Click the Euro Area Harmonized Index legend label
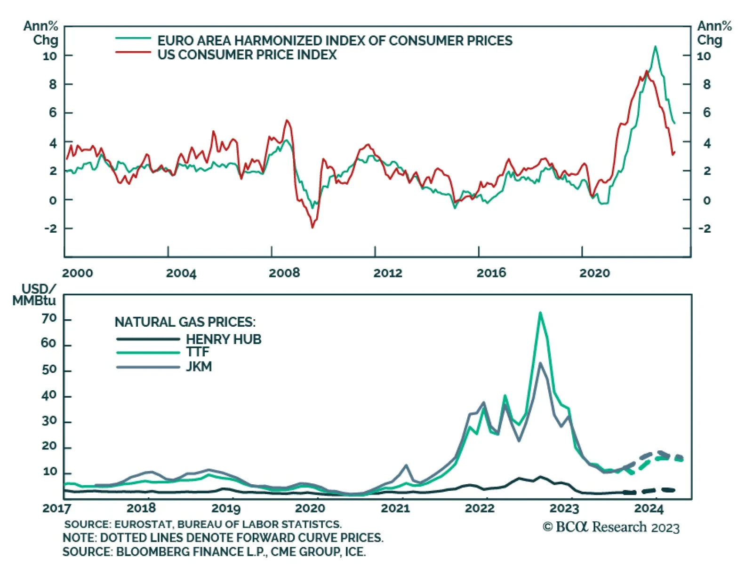(335, 40)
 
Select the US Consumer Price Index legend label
(247, 55)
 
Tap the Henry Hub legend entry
(223, 339)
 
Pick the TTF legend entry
(197, 352)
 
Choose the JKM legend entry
(199, 366)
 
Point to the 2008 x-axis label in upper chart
(284, 273)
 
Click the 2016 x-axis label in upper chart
(491, 273)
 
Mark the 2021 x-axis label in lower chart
(395, 508)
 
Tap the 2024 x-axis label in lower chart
(649, 508)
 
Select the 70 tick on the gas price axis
(49, 319)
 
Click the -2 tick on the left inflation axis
(50, 228)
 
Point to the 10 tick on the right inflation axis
(704, 56)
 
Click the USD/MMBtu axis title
(35, 295)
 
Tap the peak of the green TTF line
(540, 313)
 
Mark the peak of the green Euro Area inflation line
(655, 46)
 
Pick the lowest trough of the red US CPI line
(312, 228)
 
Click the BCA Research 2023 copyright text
(611, 527)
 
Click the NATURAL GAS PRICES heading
(185, 322)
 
